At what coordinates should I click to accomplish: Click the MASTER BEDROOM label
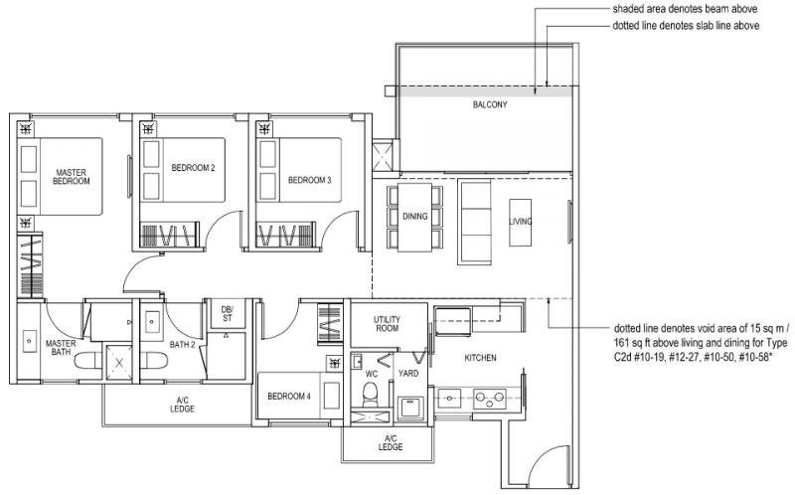coord(72,176)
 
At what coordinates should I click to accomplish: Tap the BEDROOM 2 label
coord(193,167)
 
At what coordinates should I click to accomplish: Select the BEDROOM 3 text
coord(309,180)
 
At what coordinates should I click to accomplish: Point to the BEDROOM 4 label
coord(289,396)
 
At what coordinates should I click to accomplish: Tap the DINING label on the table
coord(414,216)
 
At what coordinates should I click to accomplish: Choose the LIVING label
coord(520,221)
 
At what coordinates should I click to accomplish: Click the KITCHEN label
coord(480,356)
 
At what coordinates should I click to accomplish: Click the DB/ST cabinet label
coord(228,314)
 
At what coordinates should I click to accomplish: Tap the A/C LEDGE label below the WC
coord(390,442)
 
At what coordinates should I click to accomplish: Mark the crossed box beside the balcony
coord(383,155)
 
